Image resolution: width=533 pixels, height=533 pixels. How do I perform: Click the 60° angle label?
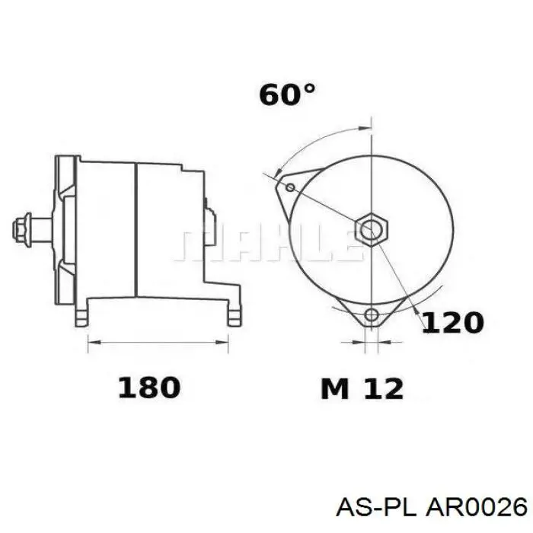tap(286, 95)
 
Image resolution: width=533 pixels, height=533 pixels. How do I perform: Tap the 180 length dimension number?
tap(149, 388)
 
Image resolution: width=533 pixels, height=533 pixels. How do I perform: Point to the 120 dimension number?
tap(452, 323)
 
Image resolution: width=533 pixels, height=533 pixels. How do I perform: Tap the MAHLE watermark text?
tap(266, 244)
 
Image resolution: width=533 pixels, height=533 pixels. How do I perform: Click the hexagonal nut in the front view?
tap(372, 228)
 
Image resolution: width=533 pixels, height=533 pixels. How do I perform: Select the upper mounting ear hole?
tap(290, 187)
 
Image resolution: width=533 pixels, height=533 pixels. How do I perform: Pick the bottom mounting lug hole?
tap(372, 315)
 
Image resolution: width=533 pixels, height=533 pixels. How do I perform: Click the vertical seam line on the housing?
tap(135, 228)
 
